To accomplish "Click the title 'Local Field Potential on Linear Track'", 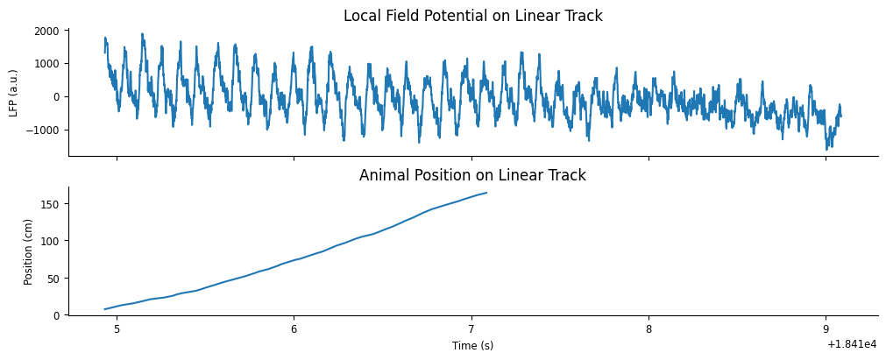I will pyautogui.click(x=472, y=16).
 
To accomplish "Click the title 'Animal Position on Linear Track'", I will pyautogui.click(x=472, y=175).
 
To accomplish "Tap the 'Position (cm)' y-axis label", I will pyautogui.click(x=28, y=251).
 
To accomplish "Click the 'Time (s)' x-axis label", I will pyautogui.click(x=472, y=346).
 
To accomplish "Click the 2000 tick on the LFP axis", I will pyautogui.click(x=47, y=31).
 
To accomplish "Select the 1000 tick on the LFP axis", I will pyautogui.click(x=47, y=64).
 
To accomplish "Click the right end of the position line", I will pyautogui.click(x=486, y=193).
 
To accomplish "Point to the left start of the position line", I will pyautogui.click(x=104, y=309).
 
